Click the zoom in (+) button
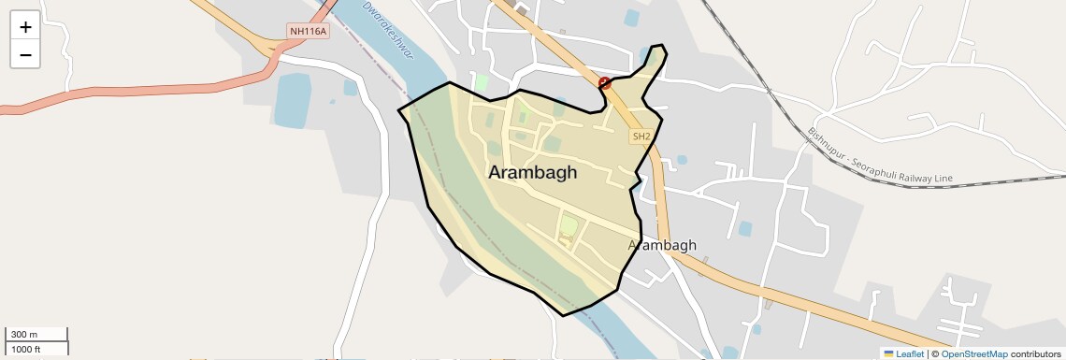point(25,27)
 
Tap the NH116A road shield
point(309,32)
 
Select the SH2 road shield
point(641,137)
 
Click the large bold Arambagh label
point(533,173)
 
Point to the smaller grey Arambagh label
point(663,246)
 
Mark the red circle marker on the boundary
point(605,83)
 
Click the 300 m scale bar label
point(23,335)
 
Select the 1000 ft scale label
point(26,349)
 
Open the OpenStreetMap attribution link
point(973,353)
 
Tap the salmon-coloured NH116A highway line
point(140,93)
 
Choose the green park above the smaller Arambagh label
point(569,225)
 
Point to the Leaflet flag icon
point(888,353)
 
